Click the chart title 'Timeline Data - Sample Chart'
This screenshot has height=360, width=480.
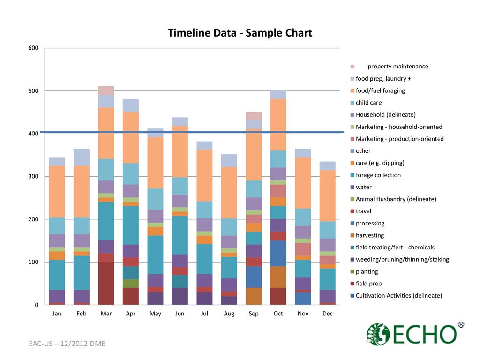(240, 33)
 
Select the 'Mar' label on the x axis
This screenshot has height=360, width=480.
(106, 314)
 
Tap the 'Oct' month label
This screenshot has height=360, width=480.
(278, 314)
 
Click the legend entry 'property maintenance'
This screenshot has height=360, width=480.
(397, 67)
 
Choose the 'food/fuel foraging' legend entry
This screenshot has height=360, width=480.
(380, 90)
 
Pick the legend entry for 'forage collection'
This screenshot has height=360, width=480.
(378, 175)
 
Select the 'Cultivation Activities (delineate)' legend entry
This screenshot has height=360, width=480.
(398, 295)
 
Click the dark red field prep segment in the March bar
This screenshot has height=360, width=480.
(106, 283)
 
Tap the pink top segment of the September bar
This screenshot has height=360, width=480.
(254, 116)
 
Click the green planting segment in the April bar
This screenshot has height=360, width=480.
(130, 283)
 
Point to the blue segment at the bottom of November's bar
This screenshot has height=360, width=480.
(303, 298)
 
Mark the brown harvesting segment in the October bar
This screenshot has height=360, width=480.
(278, 277)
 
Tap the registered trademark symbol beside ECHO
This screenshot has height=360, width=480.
(461, 324)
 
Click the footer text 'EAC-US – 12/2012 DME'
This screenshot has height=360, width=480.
(67, 344)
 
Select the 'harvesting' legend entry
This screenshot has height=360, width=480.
(369, 235)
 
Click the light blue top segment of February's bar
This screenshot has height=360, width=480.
(82, 157)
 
